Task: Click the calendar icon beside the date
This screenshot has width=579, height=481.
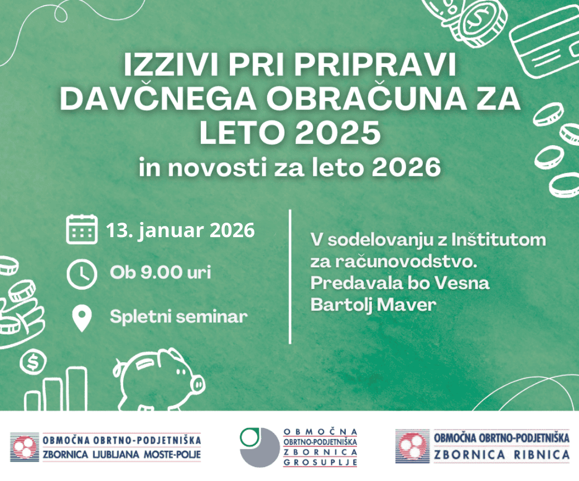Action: click(81, 229)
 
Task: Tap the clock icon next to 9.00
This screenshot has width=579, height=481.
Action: click(81, 274)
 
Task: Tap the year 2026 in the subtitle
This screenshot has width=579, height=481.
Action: click(406, 167)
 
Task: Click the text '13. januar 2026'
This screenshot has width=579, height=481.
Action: click(181, 230)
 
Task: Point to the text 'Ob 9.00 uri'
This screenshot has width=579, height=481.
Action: click(160, 273)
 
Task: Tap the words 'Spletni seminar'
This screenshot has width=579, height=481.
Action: click(178, 316)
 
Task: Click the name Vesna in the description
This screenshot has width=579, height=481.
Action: click(461, 283)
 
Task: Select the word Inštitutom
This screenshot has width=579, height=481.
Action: click(499, 240)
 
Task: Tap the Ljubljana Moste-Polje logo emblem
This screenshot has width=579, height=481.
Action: click(25, 447)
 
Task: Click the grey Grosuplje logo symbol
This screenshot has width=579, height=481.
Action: click(259, 448)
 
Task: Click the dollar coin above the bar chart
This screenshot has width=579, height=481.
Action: click(33, 362)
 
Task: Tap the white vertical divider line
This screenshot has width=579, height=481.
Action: click(290, 277)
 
